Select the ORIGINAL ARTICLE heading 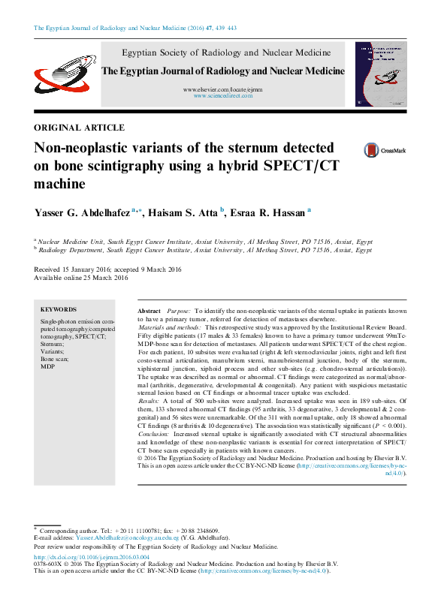coord(79,128)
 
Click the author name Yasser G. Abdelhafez coord(82,214)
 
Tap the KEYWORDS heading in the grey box coord(59,309)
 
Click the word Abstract coord(150,310)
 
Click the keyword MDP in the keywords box coord(47,366)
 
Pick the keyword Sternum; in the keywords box coord(53,345)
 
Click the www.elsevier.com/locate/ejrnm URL coord(223,89)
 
